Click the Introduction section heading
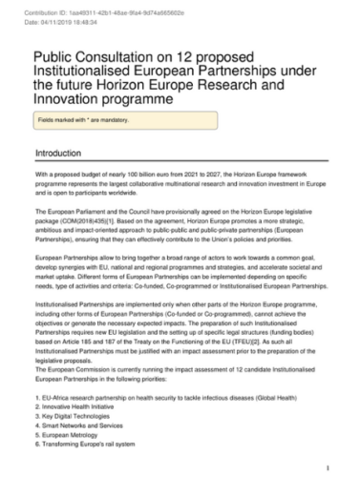pos(65,153)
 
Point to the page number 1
pos(328,468)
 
